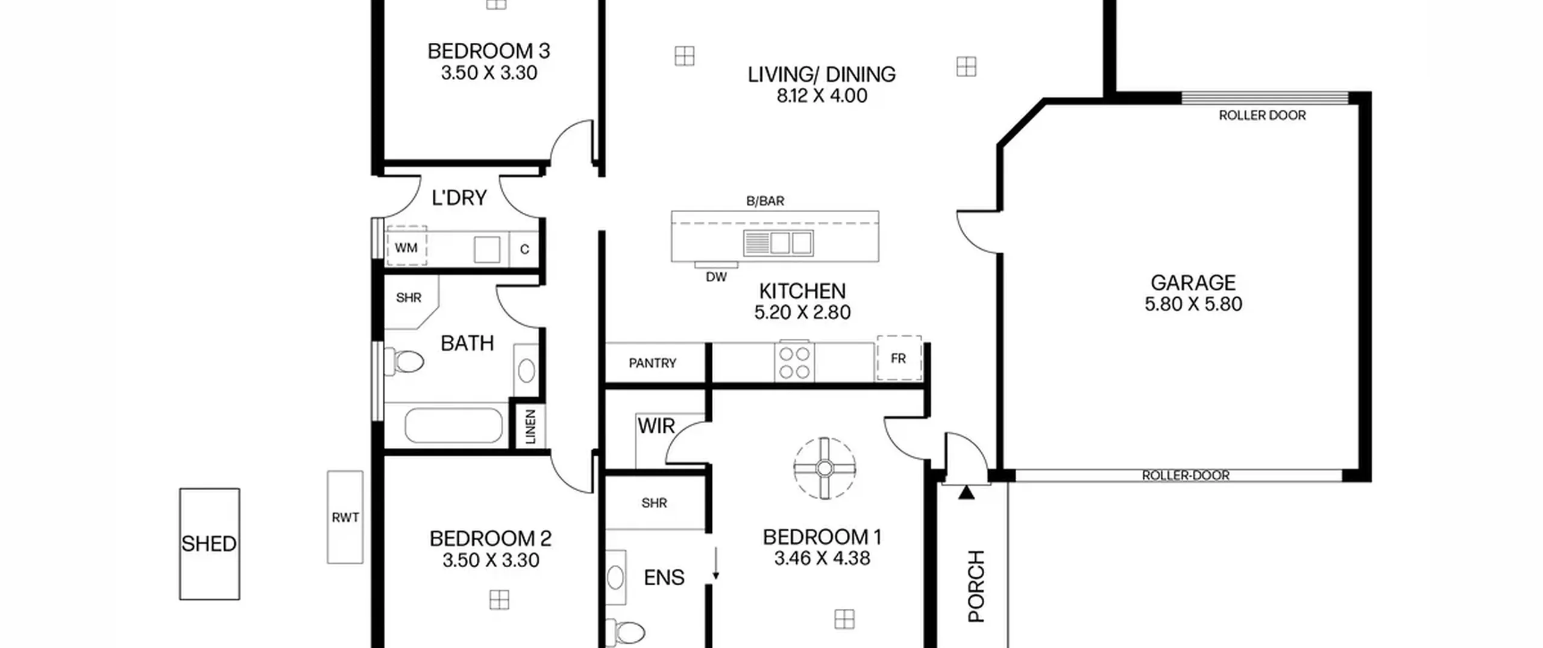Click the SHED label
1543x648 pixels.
pyautogui.click(x=209, y=544)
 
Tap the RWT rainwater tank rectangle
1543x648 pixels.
pyautogui.click(x=345, y=517)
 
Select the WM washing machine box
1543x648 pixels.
pyautogui.click(x=406, y=246)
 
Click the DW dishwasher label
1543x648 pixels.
pyautogui.click(x=716, y=277)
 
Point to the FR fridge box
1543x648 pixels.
pyautogui.click(x=899, y=358)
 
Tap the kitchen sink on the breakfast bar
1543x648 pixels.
pyautogui.click(x=778, y=243)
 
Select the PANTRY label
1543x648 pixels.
pyautogui.click(x=652, y=363)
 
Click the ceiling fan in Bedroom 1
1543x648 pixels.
pyautogui.click(x=825, y=468)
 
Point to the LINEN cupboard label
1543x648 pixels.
pyautogui.click(x=530, y=427)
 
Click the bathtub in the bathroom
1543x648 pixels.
pyautogui.click(x=453, y=426)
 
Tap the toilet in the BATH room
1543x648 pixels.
pyautogui.click(x=404, y=362)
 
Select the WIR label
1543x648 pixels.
pyautogui.click(x=656, y=426)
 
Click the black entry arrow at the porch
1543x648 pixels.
pyautogui.click(x=966, y=492)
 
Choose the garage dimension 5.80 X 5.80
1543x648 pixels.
pyautogui.click(x=1193, y=304)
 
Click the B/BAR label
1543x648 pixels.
pyautogui.click(x=765, y=201)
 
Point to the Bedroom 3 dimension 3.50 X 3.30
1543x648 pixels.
pyautogui.click(x=489, y=73)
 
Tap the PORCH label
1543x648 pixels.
pyautogui.click(x=976, y=586)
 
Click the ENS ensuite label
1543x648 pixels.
pyautogui.click(x=664, y=577)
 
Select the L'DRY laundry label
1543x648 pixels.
pyautogui.click(x=459, y=198)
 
